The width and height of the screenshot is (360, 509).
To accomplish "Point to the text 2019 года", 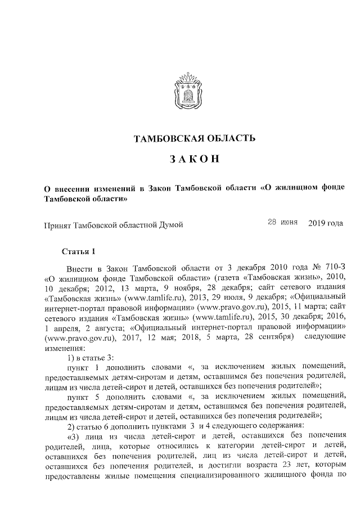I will pyautogui.click(x=326, y=223).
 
